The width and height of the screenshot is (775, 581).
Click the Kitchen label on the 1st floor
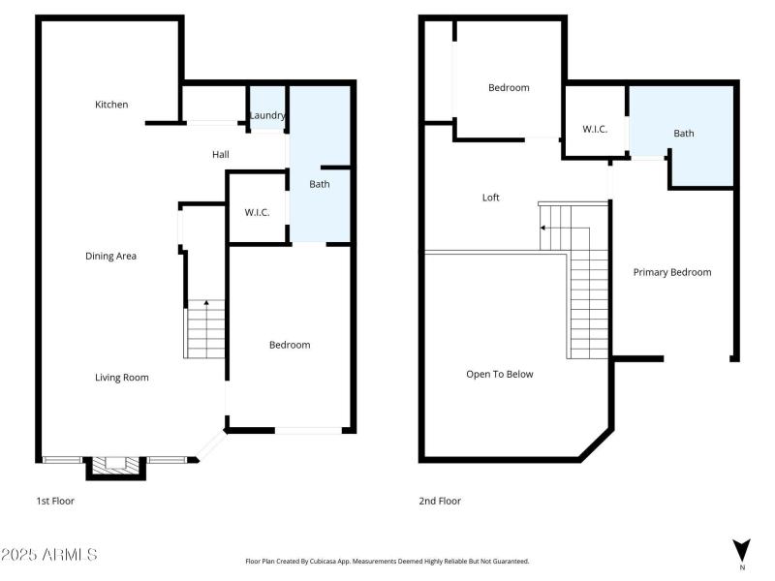[111, 105]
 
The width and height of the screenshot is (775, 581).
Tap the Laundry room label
[267, 116]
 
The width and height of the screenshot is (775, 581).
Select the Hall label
[221, 155]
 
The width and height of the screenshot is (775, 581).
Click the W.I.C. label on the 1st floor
[257, 212]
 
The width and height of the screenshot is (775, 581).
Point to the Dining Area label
[110, 257]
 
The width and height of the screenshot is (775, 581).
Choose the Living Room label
[122, 378]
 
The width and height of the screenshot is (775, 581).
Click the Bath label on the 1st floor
[320, 184]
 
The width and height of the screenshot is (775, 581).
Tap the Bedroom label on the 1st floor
[290, 345]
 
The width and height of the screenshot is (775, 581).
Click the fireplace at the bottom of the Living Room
[116, 467]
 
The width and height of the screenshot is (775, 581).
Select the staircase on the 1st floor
[205, 329]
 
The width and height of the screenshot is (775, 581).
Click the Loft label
[491, 198]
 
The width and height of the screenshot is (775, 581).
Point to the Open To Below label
[500, 374]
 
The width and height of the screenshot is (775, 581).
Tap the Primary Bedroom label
[672, 272]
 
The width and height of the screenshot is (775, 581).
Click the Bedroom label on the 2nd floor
[509, 88]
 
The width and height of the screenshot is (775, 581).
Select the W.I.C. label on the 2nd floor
[595, 129]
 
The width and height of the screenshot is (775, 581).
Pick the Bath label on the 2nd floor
[684, 134]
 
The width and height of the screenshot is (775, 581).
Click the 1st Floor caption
[55, 502]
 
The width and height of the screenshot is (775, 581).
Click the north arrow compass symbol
[742, 550]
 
